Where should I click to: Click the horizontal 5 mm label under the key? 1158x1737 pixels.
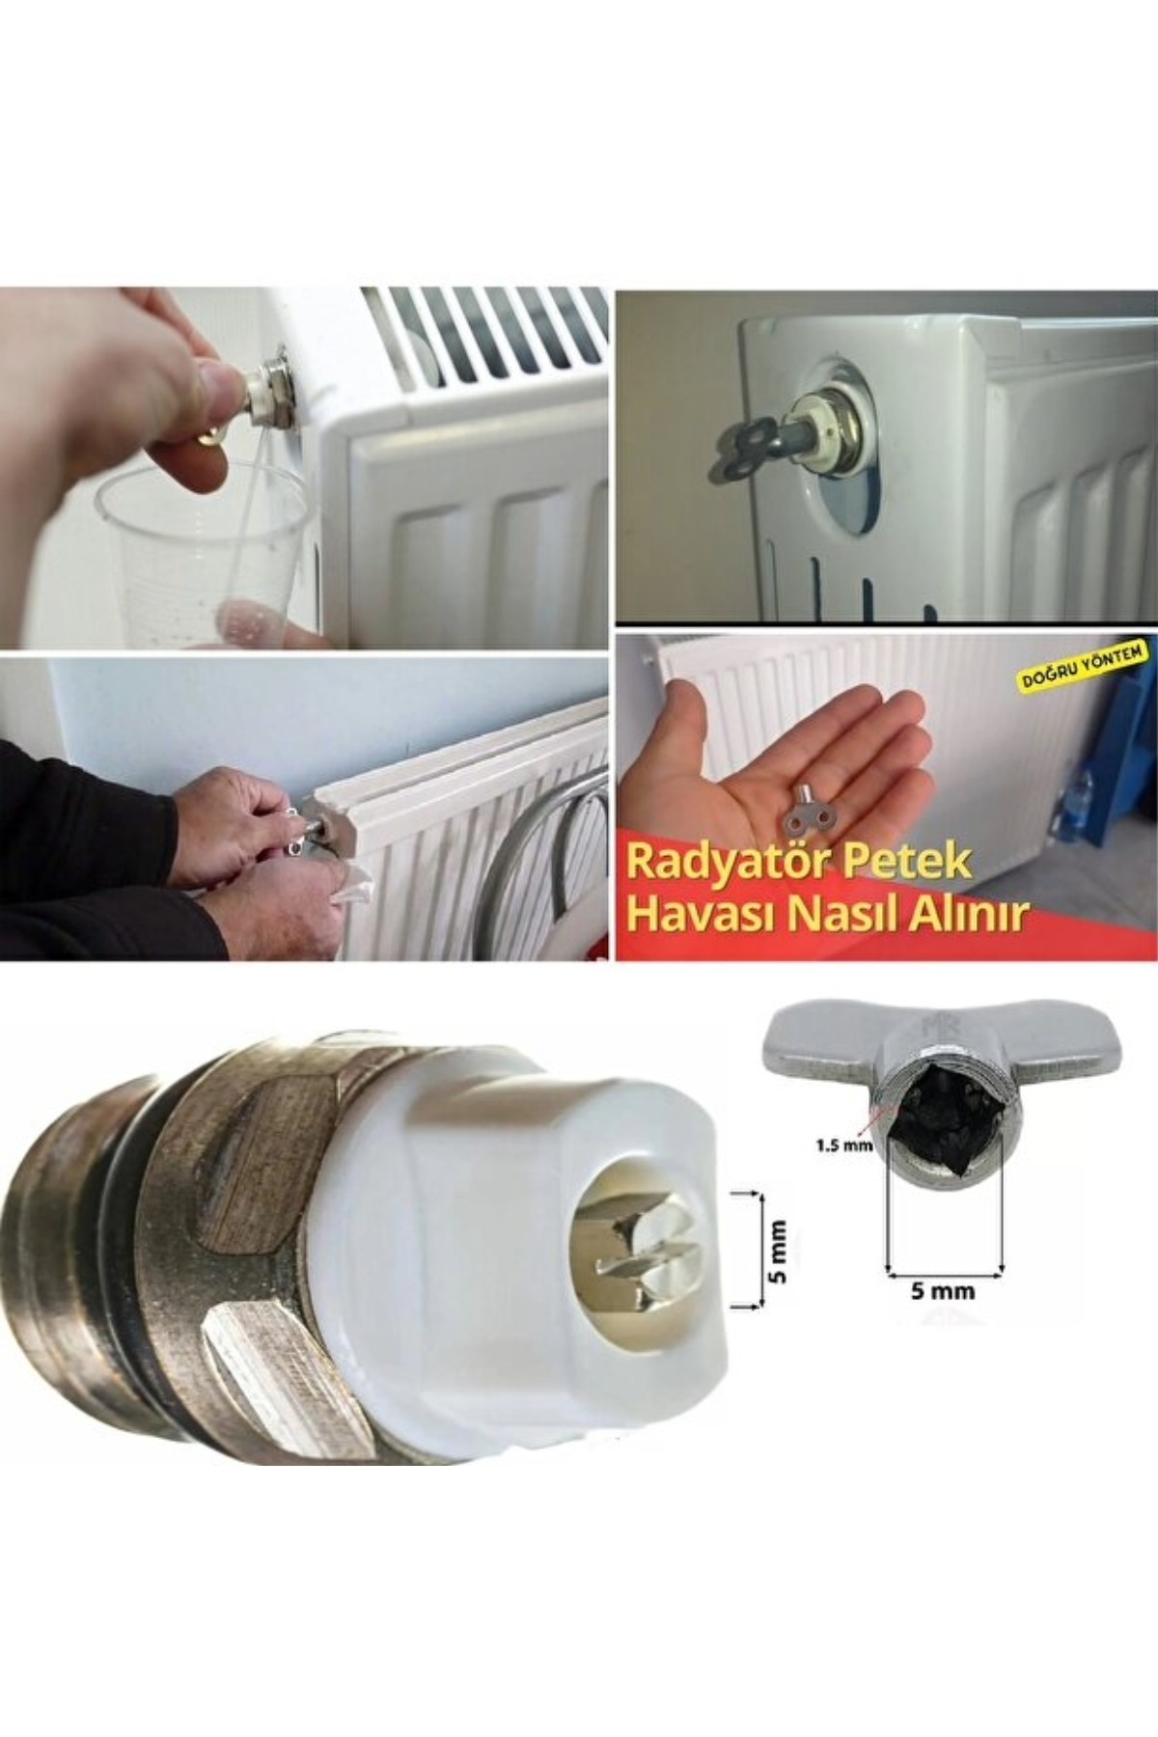(x=943, y=1290)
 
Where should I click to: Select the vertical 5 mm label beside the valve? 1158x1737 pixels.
(x=779, y=1252)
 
